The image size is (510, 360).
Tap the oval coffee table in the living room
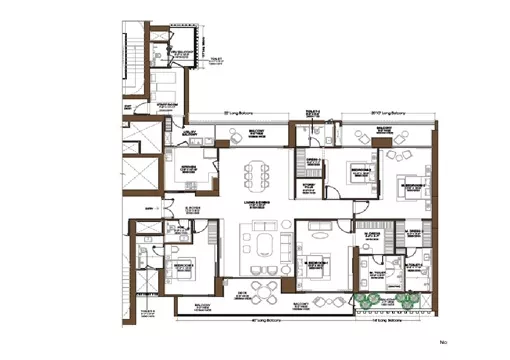tap(266, 247)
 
